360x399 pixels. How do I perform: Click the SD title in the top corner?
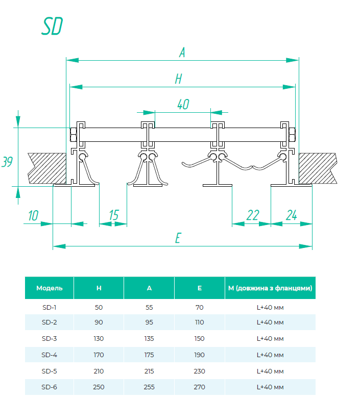52,27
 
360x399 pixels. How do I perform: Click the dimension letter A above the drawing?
182,52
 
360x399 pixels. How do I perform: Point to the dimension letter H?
178,79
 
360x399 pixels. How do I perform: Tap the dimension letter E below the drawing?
178,238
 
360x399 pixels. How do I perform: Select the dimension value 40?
183,105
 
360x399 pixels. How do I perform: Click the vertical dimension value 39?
7,162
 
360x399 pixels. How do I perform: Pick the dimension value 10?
33,215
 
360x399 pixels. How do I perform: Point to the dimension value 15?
113,215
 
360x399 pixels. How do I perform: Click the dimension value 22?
252,215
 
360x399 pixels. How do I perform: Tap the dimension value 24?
291,215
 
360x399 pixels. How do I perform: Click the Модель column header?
50,288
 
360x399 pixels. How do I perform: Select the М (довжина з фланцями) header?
270,288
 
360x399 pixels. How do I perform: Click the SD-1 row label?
50,307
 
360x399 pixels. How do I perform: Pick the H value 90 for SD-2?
99,322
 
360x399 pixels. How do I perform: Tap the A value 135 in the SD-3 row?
149,339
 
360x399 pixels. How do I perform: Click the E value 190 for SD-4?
199,355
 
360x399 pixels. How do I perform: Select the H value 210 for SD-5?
99,371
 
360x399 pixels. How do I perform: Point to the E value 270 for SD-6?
199,387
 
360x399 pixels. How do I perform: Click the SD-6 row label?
50,387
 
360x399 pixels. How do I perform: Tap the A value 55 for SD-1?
149,307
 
